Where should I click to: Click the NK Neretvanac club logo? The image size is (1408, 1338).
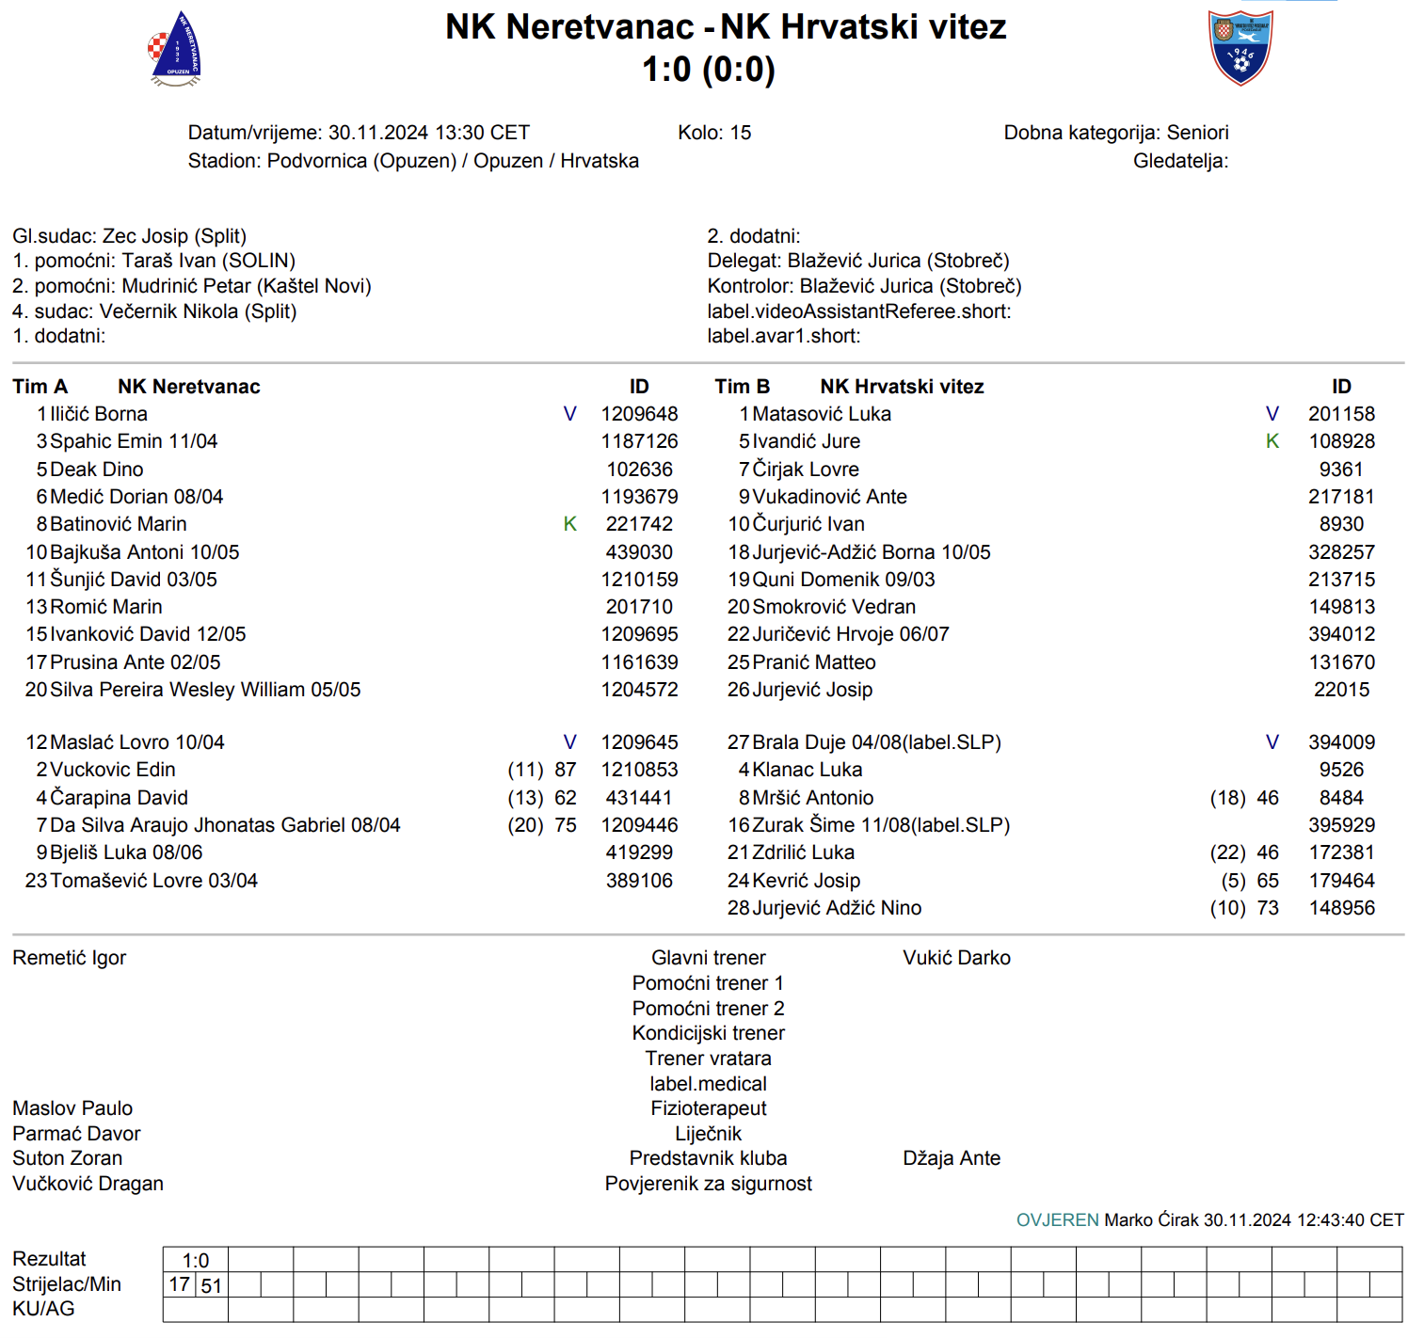(x=175, y=50)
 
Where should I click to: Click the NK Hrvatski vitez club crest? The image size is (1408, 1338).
(x=1240, y=48)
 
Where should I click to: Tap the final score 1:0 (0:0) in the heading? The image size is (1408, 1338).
(x=708, y=70)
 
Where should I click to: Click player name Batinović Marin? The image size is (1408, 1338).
(x=118, y=524)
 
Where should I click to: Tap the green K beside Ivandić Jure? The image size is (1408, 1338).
(x=1272, y=441)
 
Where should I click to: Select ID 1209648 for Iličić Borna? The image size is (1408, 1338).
(x=639, y=414)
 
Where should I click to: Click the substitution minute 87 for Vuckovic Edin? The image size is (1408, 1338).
(x=565, y=770)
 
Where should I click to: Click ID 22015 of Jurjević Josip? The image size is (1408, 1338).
(x=1341, y=690)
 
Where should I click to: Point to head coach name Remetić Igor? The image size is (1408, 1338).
(x=69, y=958)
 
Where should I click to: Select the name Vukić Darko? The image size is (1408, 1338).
(x=956, y=958)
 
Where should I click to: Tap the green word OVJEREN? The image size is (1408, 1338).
(x=1057, y=1220)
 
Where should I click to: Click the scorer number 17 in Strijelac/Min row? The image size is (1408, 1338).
(x=179, y=1284)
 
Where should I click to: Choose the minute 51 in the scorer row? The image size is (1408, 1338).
(x=212, y=1285)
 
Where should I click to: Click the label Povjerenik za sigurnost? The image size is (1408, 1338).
(x=708, y=1184)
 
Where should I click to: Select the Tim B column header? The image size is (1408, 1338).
(x=742, y=387)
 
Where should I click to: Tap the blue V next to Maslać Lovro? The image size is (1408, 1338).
(x=569, y=742)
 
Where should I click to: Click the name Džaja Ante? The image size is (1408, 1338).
(x=951, y=1158)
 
